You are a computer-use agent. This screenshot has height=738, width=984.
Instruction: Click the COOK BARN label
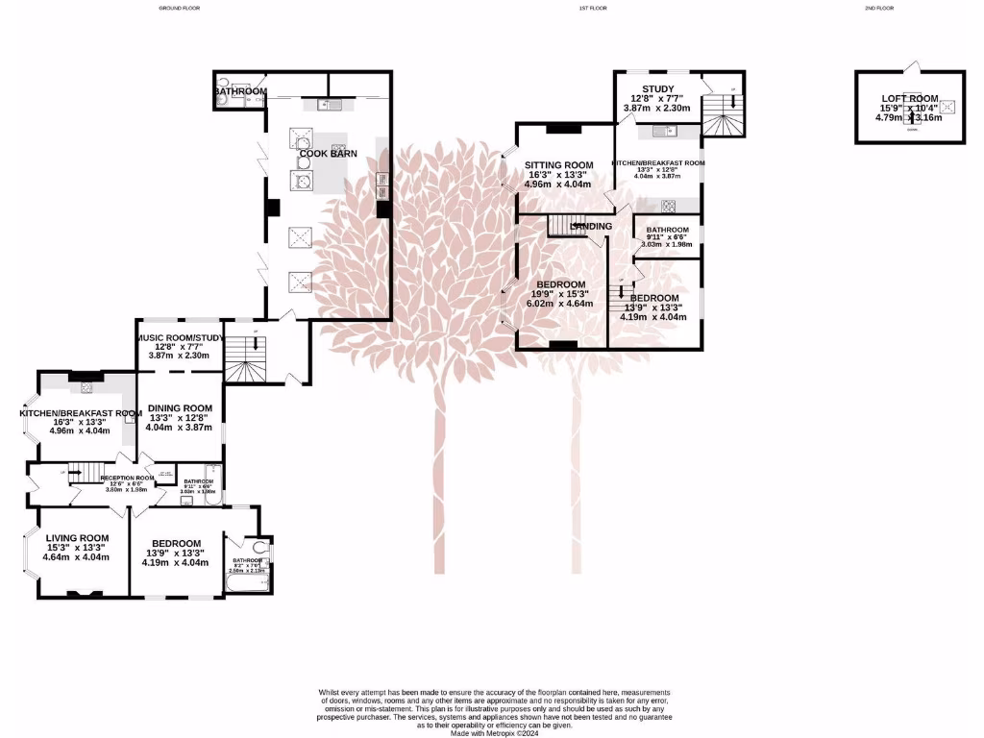point(330,153)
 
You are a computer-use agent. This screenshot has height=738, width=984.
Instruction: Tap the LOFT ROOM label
point(909,98)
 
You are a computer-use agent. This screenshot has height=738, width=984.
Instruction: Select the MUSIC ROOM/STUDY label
point(180,337)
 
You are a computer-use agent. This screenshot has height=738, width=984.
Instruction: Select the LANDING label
point(590,227)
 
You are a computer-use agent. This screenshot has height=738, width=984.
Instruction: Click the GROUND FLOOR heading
point(179,8)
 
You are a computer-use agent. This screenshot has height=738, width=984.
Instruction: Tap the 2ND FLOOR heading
point(878,8)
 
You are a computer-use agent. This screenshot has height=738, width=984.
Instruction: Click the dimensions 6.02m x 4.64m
point(561,304)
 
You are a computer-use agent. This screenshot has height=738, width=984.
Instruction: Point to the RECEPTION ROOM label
point(127,478)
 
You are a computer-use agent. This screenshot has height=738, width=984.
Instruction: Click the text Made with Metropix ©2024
point(495,732)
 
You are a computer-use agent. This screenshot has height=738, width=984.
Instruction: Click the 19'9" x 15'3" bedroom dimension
point(561,294)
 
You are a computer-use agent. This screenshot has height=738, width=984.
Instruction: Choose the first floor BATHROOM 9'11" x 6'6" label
point(667,231)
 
